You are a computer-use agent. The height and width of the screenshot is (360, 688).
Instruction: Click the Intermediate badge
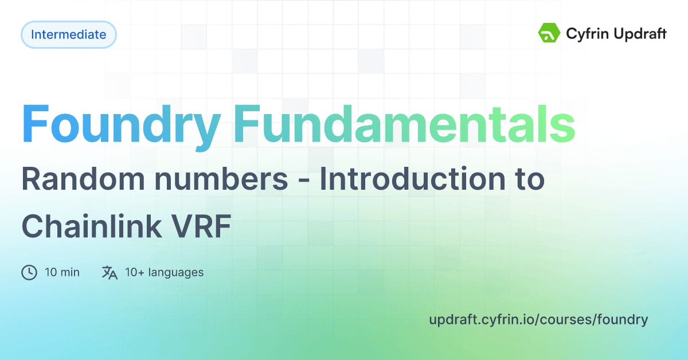coord(68,34)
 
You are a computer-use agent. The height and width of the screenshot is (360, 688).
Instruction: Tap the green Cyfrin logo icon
coord(549,33)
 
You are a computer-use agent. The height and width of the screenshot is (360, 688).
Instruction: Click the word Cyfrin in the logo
coord(585,34)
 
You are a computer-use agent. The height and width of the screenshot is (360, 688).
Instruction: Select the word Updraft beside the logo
coord(639,34)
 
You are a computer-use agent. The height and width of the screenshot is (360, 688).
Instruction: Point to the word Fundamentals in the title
coord(404,124)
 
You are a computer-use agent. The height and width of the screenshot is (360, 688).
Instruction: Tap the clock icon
coord(29,272)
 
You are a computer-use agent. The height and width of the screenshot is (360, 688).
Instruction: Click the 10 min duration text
coord(62,272)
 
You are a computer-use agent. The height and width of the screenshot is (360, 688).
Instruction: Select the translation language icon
coord(110,272)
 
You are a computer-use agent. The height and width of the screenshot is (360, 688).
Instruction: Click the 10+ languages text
coord(164,272)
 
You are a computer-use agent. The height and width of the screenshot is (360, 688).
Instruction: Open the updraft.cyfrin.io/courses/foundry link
coord(538,320)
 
